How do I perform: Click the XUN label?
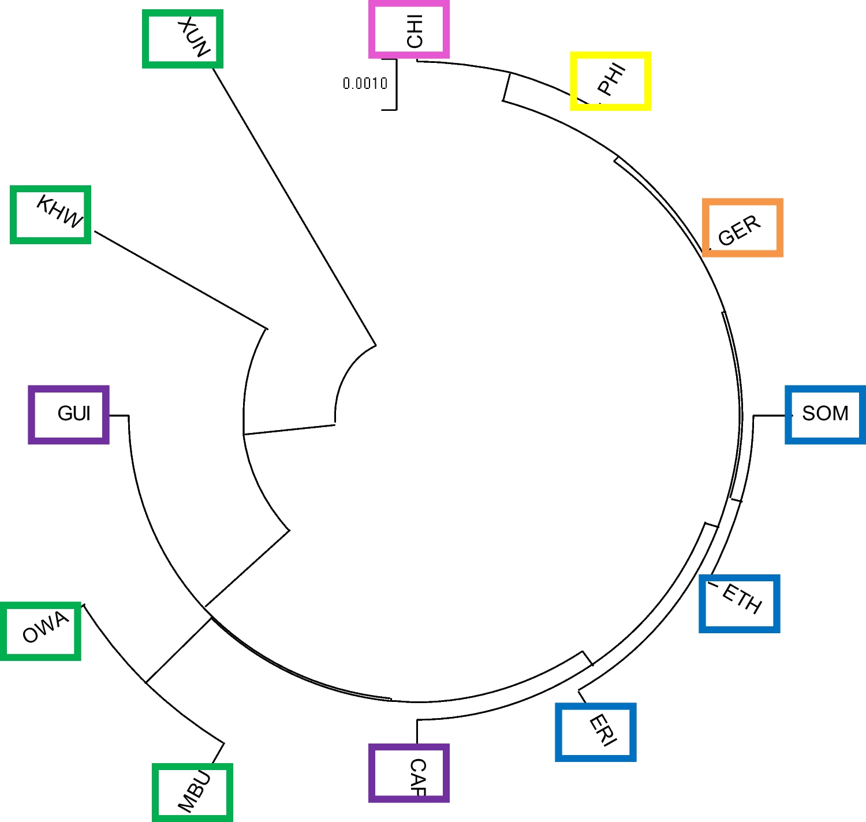click(x=193, y=38)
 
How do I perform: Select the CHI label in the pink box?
click(x=415, y=31)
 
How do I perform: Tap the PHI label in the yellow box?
click(x=611, y=79)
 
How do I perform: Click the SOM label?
click(x=825, y=413)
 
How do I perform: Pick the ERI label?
click(x=602, y=730)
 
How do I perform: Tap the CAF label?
click(x=417, y=776)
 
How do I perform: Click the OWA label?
click(x=45, y=627)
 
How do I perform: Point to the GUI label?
click(x=74, y=413)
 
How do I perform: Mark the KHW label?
click(x=59, y=212)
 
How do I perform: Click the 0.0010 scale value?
click(x=365, y=84)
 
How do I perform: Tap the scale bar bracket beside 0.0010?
click(x=396, y=84)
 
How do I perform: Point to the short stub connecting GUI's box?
click(x=118, y=415)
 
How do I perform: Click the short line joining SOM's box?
click(x=770, y=415)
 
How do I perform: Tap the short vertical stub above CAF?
click(x=417, y=731)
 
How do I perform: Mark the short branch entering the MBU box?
click(x=218, y=754)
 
